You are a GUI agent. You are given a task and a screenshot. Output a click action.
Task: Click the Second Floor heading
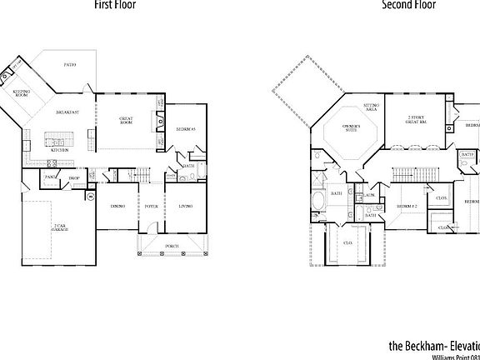coord(409,5)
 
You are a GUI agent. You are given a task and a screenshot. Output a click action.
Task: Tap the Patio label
coord(71,64)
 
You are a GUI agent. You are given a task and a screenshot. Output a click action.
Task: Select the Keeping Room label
coord(21,94)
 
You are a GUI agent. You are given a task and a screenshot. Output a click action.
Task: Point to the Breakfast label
coord(67,112)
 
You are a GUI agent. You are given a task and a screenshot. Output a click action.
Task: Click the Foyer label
coord(152,206)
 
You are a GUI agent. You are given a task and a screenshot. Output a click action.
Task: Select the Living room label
coord(185,206)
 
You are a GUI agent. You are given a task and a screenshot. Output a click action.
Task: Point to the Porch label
coord(171,247)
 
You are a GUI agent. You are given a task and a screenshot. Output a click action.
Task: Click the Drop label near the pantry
coord(74,178)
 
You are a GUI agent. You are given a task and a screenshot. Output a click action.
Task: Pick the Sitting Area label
coord(371,107)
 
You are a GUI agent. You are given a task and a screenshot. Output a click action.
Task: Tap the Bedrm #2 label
coord(406,206)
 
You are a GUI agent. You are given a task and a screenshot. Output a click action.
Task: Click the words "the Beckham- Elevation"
coord(434,344)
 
